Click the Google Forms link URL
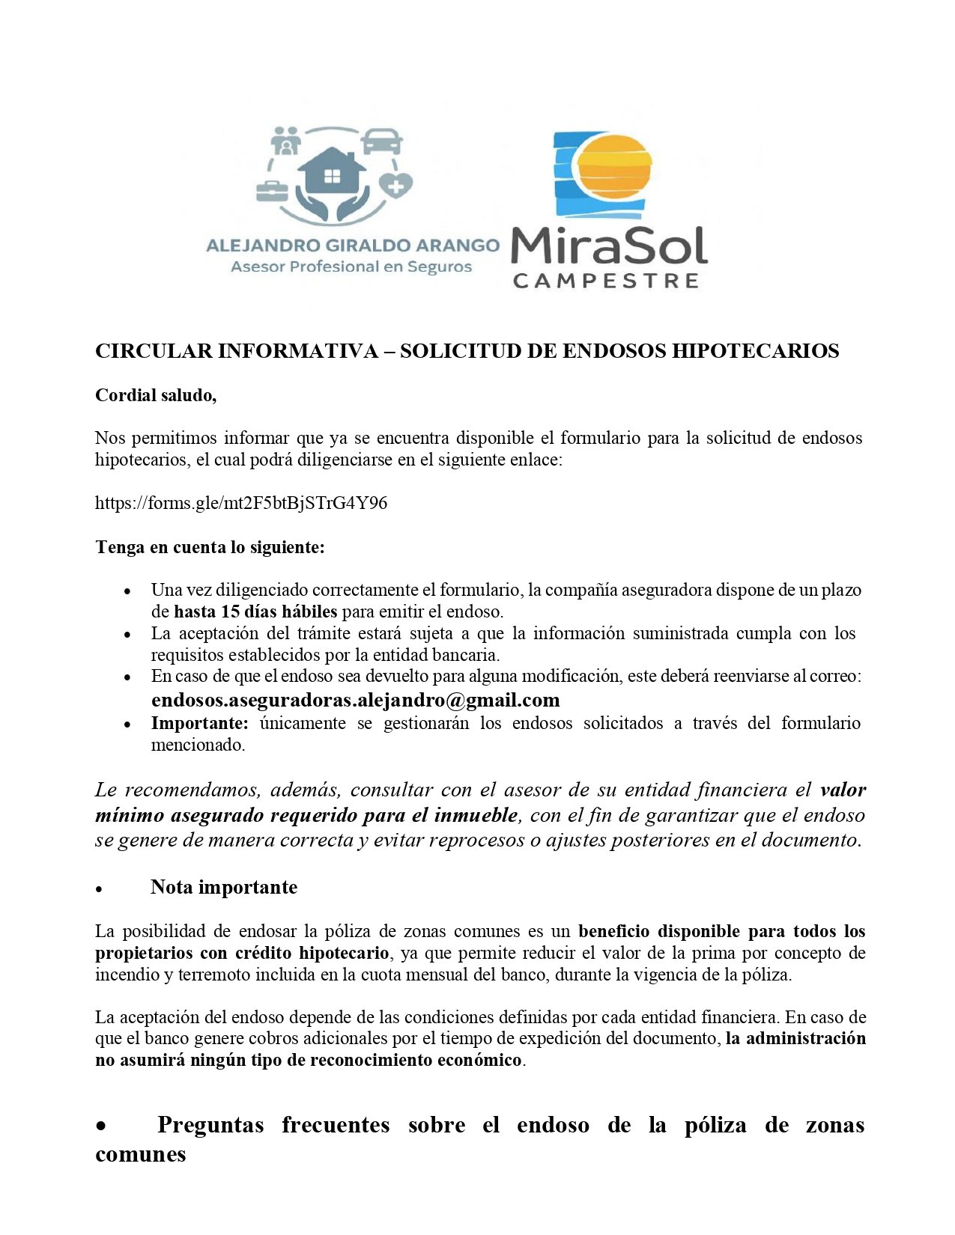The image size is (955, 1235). tap(241, 503)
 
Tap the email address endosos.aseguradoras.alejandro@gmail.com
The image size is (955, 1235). tap(355, 701)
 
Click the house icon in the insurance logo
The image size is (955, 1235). tap(331, 174)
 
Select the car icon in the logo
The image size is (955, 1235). tap(381, 141)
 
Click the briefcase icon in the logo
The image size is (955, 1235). tap(272, 190)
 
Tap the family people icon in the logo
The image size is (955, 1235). tap(285, 140)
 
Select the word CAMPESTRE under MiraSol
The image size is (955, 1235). tap(605, 281)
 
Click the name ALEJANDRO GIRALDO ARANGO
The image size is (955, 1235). tap(352, 246)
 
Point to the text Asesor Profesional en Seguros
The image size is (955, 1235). tap(351, 267)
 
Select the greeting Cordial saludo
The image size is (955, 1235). tap(156, 396)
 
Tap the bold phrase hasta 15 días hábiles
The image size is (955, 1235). tap(255, 612)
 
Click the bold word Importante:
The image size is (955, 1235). tap(199, 723)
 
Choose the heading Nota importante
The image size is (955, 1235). tap(223, 888)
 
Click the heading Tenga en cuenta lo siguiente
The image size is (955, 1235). tap(210, 547)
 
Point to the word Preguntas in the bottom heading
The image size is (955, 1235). tap(210, 1125)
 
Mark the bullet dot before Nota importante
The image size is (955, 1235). tap(99, 889)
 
